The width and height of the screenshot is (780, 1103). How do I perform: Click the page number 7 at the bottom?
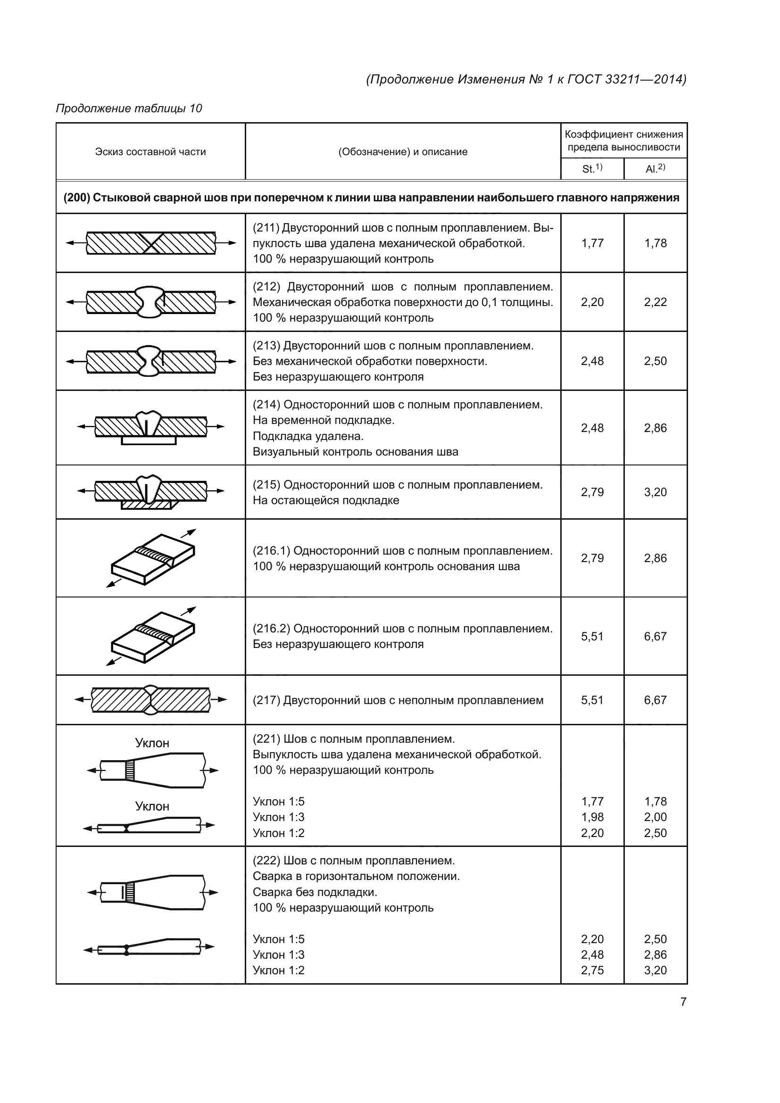683,1002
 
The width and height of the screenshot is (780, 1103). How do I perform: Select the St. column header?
592,169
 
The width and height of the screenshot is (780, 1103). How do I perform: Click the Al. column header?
655,169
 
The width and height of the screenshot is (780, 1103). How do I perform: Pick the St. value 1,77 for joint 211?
592,243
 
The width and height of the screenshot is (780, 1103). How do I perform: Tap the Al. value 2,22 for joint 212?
655,302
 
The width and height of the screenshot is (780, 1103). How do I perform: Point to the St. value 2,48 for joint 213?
592,361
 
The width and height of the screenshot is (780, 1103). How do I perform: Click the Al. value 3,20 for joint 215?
655,492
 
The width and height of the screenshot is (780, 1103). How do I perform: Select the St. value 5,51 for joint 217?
592,700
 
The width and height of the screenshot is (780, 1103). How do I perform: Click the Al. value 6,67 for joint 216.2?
655,637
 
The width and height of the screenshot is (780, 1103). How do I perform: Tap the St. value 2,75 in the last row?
592,970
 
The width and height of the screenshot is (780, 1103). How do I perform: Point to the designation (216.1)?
271,550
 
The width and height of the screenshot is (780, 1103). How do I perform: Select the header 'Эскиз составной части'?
150,152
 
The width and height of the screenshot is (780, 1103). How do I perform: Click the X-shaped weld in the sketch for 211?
151,243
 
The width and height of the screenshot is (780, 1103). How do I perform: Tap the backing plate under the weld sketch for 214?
149,440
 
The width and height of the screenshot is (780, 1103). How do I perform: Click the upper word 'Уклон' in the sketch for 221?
152,743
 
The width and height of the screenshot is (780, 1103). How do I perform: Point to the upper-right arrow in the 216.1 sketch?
191,532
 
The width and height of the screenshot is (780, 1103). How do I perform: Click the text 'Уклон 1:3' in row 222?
279,954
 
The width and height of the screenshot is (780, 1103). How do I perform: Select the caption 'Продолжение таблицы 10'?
129,108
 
